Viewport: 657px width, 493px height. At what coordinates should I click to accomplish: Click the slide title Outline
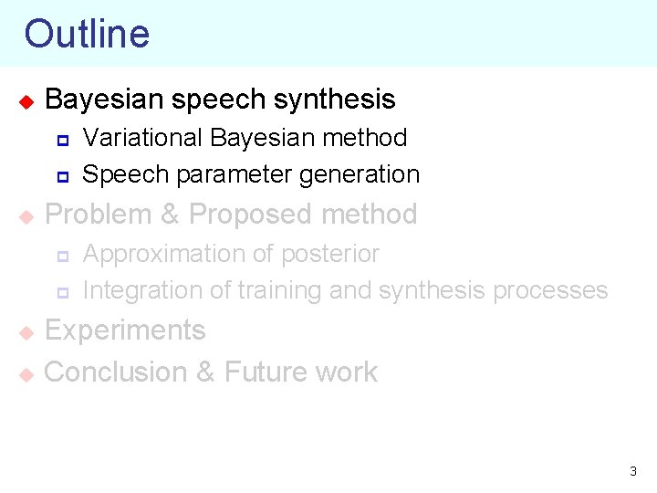coord(87,34)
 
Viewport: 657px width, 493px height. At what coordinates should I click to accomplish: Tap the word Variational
coord(142,138)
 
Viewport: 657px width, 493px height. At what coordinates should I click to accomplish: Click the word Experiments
coord(125,330)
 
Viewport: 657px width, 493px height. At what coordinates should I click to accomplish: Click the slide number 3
coord(633,472)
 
